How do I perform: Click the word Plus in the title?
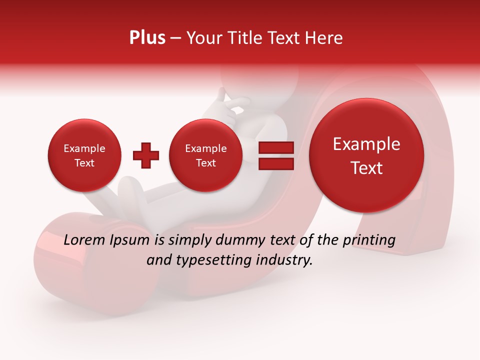tap(147, 38)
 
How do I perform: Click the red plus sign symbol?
tap(146, 156)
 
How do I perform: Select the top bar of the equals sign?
tap(275, 148)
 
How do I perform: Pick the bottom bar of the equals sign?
tap(275, 164)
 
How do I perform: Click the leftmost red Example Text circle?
tap(84, 155)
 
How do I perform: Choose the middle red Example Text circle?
tap(205, 155)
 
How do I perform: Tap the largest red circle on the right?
tap(366, 155)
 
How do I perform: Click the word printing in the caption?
tap(368, 240)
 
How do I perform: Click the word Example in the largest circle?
tap(366, 144)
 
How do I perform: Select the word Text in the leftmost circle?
tap(84, 163)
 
